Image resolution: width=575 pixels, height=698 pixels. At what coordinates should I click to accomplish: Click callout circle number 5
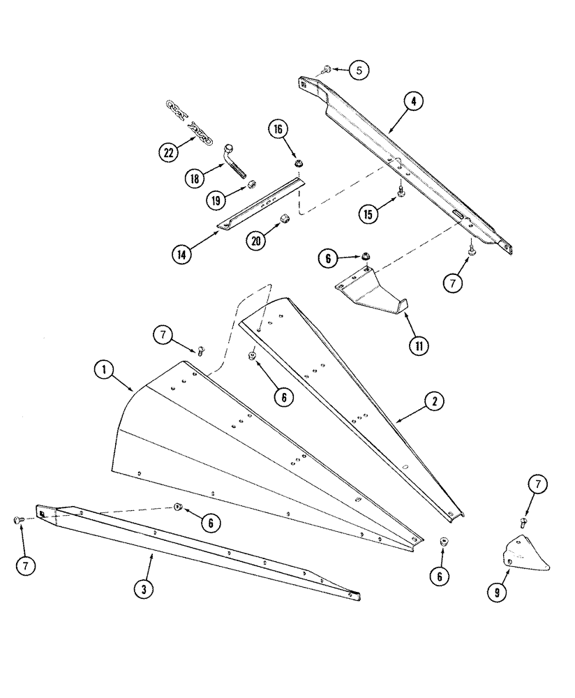click(x=359, y=70)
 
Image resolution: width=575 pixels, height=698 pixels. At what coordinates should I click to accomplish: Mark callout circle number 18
click(x=195, y=178)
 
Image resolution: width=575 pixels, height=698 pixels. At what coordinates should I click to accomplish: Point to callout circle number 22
click(x=167, y=153)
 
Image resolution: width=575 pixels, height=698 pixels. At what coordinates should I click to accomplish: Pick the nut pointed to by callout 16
click(x=299, y=163)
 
